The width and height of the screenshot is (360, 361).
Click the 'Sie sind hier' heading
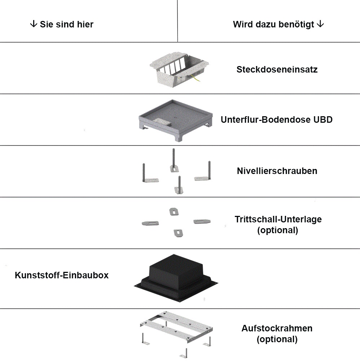tap(67, 25)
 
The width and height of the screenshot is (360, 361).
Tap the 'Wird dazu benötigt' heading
tap(273, 25)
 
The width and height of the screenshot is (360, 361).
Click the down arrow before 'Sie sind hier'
tap(34, 24)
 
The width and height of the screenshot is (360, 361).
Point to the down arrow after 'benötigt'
tap(320, 24)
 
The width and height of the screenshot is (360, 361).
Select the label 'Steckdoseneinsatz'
tap(277, 70)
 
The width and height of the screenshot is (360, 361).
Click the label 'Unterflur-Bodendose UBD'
tap(277, 120)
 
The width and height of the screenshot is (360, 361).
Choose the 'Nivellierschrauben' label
tap(277, 171)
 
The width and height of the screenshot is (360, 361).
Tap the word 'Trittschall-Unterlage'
tap(278, 219)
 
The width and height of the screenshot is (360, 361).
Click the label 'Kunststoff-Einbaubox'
tap(62, 275)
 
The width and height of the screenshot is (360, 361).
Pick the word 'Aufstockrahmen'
tap(277, 328)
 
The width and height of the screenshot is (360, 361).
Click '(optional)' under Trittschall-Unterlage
tap(278, 230)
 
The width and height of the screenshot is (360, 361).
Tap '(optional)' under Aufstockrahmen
tap(277, 339)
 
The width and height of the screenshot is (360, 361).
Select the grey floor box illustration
tap(176, 121)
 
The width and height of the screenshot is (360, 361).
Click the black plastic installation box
tap(176, 278)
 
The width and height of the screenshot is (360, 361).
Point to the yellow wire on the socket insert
tap(196, 78)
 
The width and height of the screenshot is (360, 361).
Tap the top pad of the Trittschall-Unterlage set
tap(174, 212)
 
